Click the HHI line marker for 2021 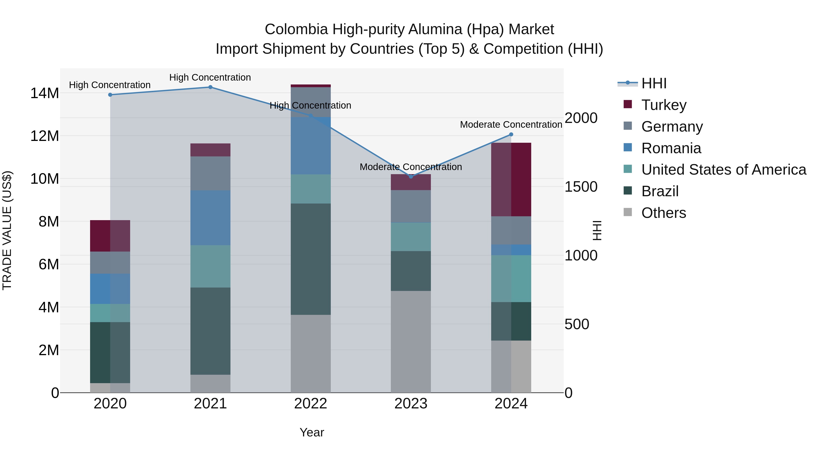coord(210,87)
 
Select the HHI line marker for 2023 coord(411,176)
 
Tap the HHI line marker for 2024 coord(511,134)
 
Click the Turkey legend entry coord(664,105)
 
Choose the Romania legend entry coord(671,148)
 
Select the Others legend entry coord(664,213)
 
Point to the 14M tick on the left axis coord(45,93)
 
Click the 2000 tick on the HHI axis coord(581,118)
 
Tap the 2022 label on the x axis coord(310,403)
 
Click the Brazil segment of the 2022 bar coord(311,259)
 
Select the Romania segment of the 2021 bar coord(210,218)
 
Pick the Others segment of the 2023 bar coord(411,341)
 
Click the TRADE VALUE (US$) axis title coord(7,230)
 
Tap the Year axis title coord(312,432)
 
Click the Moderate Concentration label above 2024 coord(511,124)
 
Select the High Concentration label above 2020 coord(110,85)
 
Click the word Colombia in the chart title coord(296,29)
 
